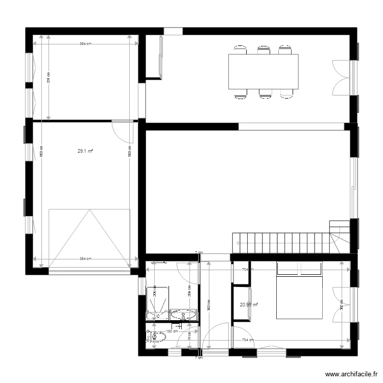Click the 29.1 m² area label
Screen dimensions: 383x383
point(85,151)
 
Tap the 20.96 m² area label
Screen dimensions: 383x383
point(249,305)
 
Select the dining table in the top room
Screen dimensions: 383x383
point(263,71)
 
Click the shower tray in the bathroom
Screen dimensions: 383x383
point(157,303)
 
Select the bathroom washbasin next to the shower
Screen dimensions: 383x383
point(183,315)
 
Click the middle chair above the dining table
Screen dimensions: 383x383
point(263,50)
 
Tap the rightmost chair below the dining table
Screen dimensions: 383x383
point(287,93)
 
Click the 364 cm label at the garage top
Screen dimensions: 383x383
point(85,44)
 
